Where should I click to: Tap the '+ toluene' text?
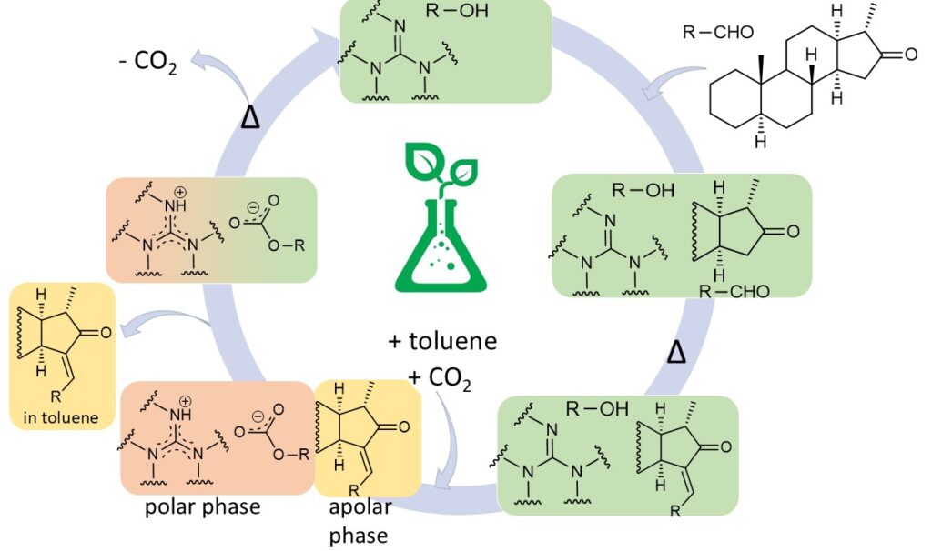point(442,342)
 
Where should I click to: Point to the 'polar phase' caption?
point(203,506)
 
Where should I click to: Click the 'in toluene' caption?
point(60,418)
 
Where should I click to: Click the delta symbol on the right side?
point(674,350)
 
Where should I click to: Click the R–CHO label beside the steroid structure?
point(718,34)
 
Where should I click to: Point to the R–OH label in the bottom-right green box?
point(597,408)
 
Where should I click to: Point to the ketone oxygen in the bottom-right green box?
point(725,447)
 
